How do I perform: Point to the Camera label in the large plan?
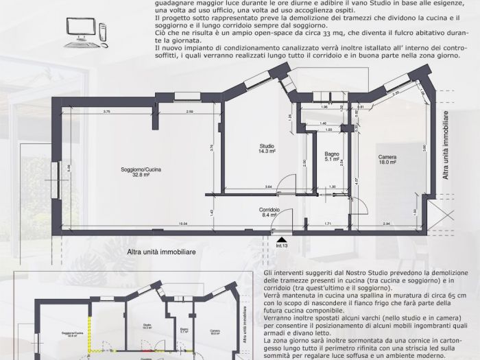pos(387,157)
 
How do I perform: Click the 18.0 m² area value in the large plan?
pos(387,163)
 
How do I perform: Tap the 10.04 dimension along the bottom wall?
pos(184,224)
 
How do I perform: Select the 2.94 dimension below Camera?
pos(386,224)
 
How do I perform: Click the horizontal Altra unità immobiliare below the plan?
pos(162,252)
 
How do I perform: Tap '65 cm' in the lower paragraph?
pos(440,294)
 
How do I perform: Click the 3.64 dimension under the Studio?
pos(269,187)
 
